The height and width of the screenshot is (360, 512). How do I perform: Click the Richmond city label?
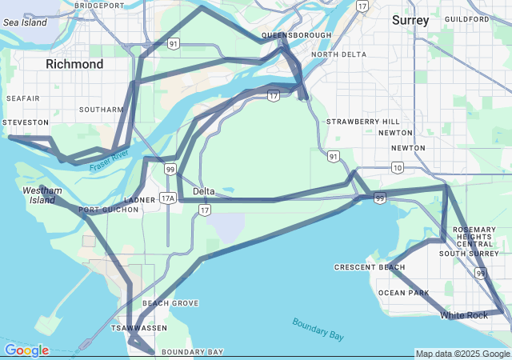(74, 64)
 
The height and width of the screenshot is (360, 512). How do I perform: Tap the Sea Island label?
(26, 22)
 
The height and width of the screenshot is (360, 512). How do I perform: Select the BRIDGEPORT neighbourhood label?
(99, 5)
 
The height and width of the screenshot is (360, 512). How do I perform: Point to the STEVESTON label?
(26, 122)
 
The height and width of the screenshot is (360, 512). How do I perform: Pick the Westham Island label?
(42, 195)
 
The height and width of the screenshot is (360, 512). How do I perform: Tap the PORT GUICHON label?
(108, 210)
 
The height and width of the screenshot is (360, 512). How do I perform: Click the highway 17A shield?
(166, 198)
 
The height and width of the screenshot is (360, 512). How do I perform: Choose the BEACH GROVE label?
(170, 303)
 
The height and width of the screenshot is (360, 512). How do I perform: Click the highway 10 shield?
(398, 166)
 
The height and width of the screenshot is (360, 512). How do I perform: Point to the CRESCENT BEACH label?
(365, 267)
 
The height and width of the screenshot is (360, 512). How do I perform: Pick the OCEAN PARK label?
(403, 293)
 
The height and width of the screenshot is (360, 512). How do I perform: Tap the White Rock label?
(463, 315)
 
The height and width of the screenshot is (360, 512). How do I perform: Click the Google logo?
(27, 350)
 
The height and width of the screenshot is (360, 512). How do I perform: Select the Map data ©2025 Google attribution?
(462, 354)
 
